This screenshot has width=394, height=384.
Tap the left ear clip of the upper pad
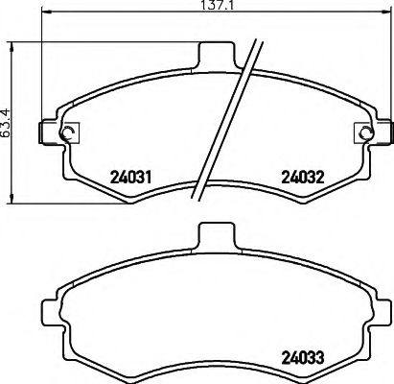point(48,132)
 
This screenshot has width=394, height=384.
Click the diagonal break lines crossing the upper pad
point(230,120)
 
